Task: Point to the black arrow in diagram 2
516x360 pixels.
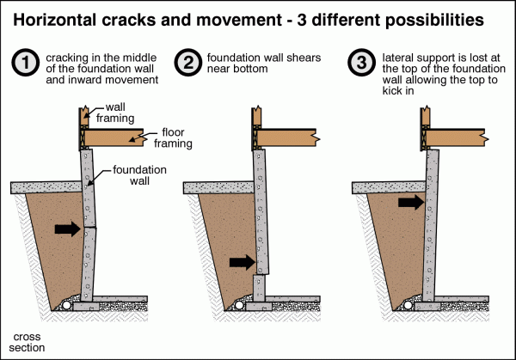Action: click(x=243, y=261)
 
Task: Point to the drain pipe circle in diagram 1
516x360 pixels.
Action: click(x=66, y=304)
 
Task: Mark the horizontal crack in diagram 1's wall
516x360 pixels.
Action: click(x=89, y=225)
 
